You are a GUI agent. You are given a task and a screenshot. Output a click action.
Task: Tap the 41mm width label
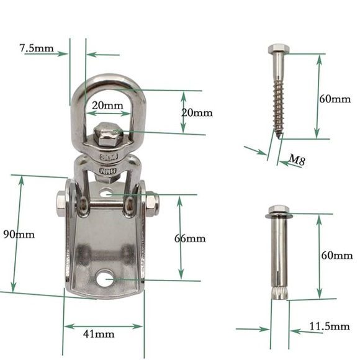[x=98, y=334]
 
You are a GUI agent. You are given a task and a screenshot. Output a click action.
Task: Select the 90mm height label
[x=19, y=235]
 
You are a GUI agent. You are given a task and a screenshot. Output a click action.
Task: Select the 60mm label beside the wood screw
[x=335, y=99]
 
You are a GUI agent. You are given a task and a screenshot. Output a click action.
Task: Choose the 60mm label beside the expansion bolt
[x=336, y=255]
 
